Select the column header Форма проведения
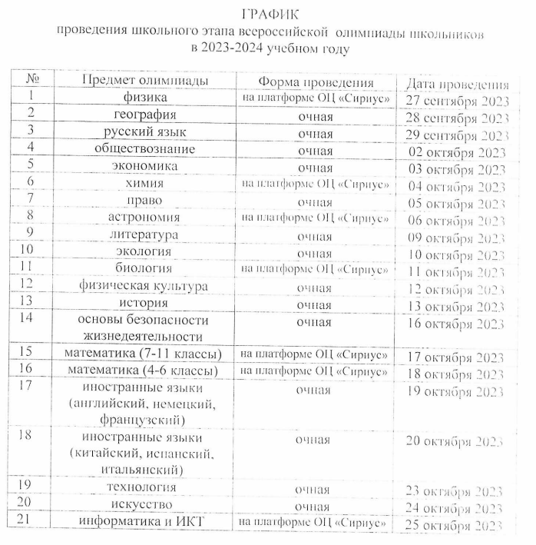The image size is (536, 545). pos(316,82)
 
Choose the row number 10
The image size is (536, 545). pos(28,250)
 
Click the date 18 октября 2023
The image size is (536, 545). pos(456,374)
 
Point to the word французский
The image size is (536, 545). pos(142,420)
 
